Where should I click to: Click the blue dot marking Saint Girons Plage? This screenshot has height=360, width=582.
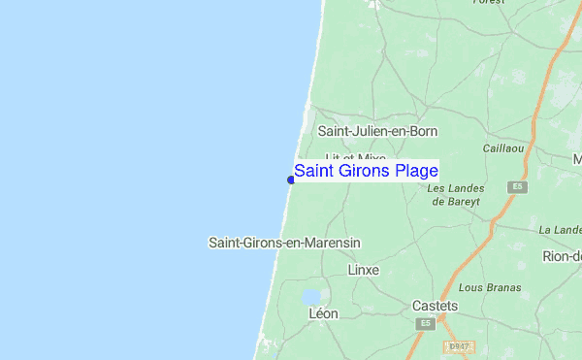pos(291,179)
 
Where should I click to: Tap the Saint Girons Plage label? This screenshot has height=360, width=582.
pos(366,172)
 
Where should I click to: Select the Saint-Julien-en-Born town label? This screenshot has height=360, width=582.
pos(377,131)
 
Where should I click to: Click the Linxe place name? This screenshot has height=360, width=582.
pos(363,270)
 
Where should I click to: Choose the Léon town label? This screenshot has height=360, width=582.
pos(323,314)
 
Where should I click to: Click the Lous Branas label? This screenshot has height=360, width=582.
pos(490,287)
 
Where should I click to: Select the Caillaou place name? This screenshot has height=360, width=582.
pos(503,148)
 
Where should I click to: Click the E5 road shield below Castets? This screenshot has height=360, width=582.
pos(423,322)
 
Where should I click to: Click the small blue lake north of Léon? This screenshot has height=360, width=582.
pos(310,297)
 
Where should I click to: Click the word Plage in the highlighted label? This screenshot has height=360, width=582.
pos(416,172)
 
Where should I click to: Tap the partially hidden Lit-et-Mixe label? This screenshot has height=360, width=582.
pos(355,157)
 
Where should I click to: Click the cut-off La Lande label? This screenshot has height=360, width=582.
pos(561,230)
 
